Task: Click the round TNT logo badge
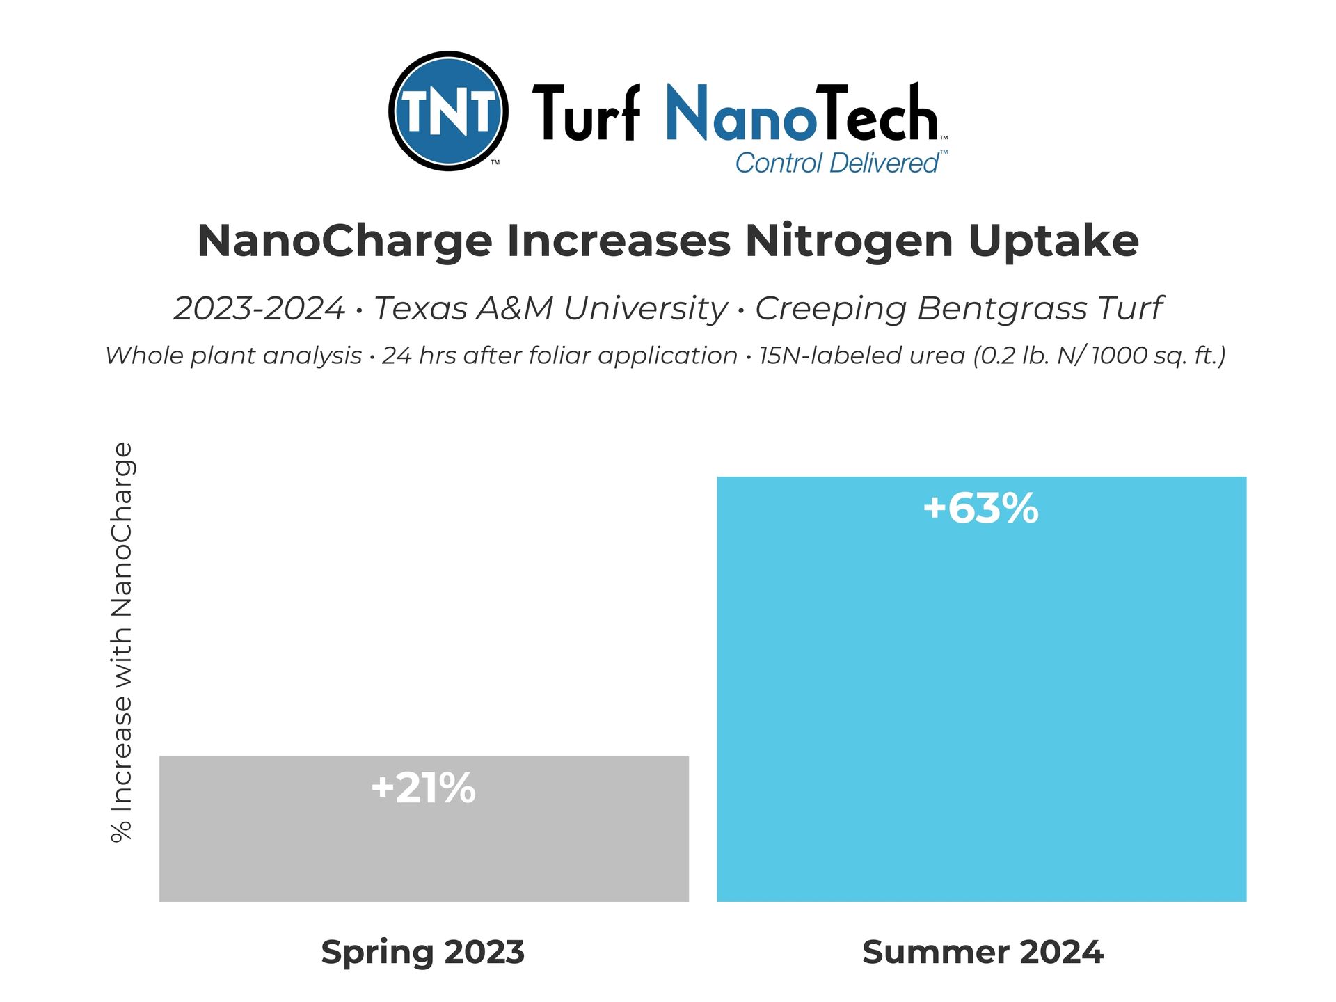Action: (x=448, y=111)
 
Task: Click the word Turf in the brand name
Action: (x=586, y=113)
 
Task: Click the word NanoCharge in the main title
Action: (x=344, y=241)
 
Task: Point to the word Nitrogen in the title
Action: (x=848, y=241)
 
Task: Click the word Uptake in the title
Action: (x=1053, y=241)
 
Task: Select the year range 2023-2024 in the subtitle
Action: (x=259, y=308)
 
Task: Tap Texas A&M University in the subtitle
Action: (x=550, y=308)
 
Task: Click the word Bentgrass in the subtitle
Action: (x=1001, y=308)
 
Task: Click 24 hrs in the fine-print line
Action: (x=413, y=356)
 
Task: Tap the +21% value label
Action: (x=423, y=788)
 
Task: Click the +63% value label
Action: (x=980, y=508)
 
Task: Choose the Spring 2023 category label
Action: (x=422, y=952)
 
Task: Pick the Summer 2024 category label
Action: (x=982, y=952)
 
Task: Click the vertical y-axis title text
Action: (x=122, y=642)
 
